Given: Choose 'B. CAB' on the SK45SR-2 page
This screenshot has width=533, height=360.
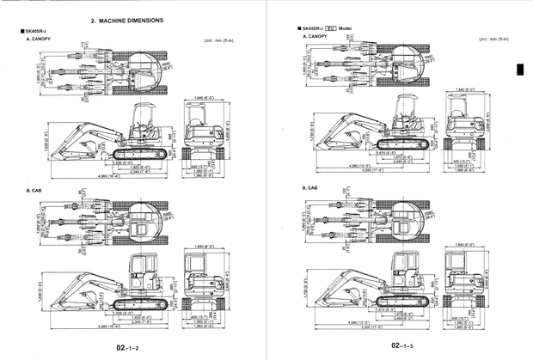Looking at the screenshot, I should coord(309,187).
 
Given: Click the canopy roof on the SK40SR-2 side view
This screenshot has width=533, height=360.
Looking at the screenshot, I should coord(143,107).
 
